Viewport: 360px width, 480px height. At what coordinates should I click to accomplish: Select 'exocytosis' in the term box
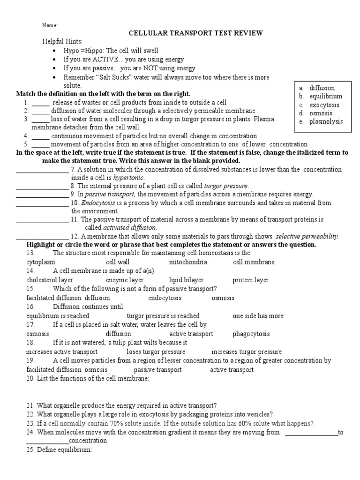324,105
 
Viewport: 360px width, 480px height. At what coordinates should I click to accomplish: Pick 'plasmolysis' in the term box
326,122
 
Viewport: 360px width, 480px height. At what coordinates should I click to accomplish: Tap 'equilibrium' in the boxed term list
325,97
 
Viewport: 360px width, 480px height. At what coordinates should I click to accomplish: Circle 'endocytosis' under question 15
165,298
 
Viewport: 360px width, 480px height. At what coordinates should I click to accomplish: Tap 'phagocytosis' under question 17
251,334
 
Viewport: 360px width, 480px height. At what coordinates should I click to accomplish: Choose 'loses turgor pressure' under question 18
156,352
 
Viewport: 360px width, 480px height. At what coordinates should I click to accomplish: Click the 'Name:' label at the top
50,25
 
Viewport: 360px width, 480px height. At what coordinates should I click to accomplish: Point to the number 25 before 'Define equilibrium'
30,450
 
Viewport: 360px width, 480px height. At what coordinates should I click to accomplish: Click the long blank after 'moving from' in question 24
311,433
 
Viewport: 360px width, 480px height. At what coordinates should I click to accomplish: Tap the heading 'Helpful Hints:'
62,42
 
